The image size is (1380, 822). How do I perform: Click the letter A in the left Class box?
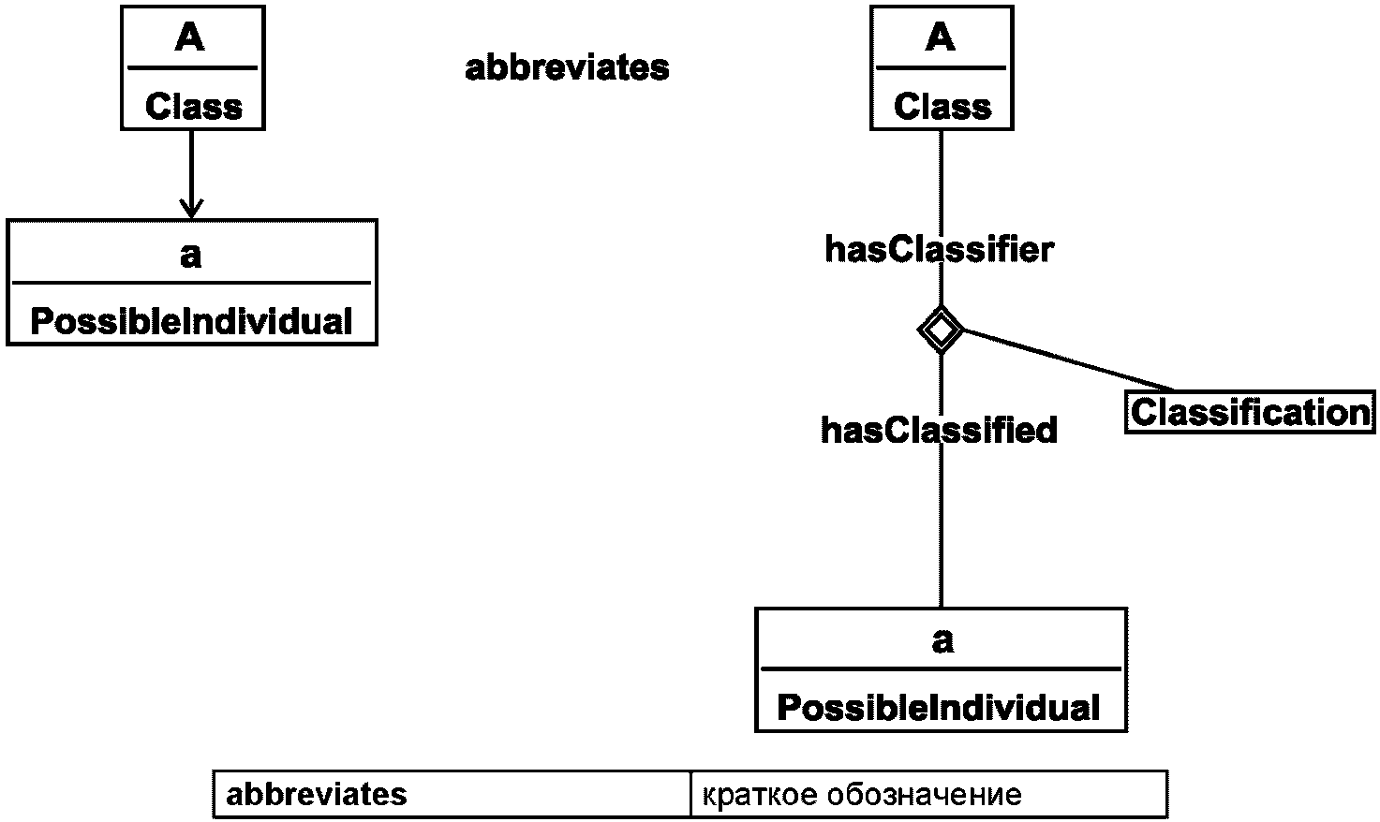[190, 37]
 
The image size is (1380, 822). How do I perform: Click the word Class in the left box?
[193, 107]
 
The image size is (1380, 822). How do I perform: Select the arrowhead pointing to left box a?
[191, 208]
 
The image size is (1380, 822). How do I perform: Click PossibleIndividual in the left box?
[191, 321]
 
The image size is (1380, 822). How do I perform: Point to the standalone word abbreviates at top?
[567, 67]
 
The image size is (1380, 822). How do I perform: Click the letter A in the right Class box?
[940, 37]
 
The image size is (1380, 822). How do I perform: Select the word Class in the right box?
[942, 107]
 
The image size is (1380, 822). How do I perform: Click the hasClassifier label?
[940, 250]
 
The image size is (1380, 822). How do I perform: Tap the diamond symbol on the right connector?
[940, 330]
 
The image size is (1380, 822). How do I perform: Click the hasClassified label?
[939, 430]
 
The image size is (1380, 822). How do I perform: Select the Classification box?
[1250, 412]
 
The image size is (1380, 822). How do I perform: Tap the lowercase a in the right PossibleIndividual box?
[942, 640]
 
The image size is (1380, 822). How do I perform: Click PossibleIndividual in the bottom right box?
[939, 708]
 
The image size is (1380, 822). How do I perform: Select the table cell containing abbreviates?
[453, 794]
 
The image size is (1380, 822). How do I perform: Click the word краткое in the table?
[759, 795]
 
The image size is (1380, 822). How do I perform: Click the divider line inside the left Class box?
[193, 67]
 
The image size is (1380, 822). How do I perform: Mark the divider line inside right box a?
[942, 668]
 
